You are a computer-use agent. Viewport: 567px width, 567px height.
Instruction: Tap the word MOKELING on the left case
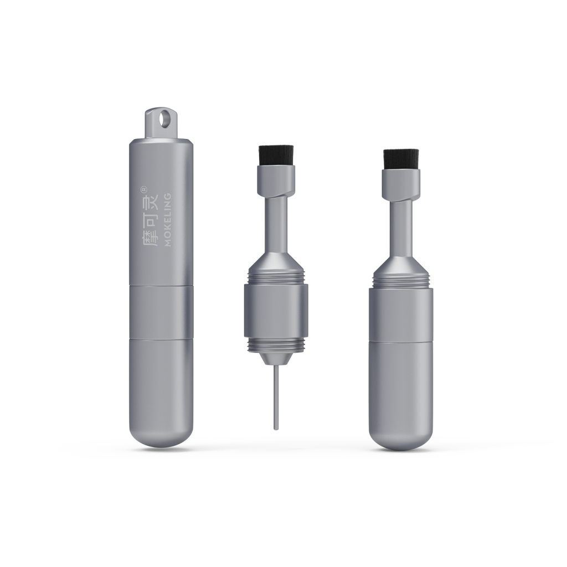pyautogui.click(x=167, y=220)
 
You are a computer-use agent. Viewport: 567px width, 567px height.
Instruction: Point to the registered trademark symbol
pyautogui.click(x=143, y=188)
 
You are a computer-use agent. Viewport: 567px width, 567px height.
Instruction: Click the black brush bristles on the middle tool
pyautogui.click(x=276, y=156)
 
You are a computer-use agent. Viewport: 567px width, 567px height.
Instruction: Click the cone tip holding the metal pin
pyautogui.click(x=276, y=358)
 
